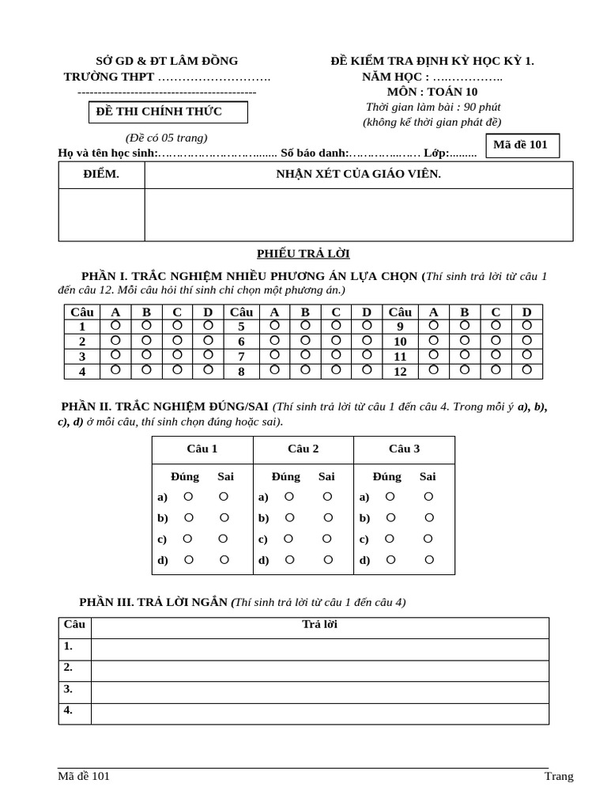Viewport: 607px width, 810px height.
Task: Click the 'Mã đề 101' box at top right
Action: pos(521,145)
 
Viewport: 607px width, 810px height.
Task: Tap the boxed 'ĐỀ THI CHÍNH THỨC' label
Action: pos(168,112)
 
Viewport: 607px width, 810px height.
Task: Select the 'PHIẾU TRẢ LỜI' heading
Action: pos(303,253)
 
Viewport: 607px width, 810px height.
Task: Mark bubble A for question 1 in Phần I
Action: pos(115,325)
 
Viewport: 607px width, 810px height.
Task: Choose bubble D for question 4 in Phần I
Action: pos(209,369)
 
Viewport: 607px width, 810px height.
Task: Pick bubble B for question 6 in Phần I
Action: pos(305,340)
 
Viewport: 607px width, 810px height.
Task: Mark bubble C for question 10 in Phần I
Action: pos(496,340)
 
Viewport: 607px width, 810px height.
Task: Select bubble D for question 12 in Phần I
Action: pos(526,369)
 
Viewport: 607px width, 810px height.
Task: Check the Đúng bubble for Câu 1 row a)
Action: pos(188,497)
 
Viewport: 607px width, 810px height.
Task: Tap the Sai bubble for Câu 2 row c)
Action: pos(326,539)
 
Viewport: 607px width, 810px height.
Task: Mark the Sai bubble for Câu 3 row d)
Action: pos(429,560)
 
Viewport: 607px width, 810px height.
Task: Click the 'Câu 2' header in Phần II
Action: pos(303,449)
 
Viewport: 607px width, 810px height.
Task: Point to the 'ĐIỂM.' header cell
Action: pos(101,174)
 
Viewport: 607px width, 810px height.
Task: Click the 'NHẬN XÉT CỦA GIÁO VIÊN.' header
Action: pos(358,174)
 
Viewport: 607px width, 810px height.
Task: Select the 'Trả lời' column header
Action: pos(319,624)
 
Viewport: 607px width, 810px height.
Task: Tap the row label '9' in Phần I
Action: pos(400,326)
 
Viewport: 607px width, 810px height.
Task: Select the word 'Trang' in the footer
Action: pos(559,776)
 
